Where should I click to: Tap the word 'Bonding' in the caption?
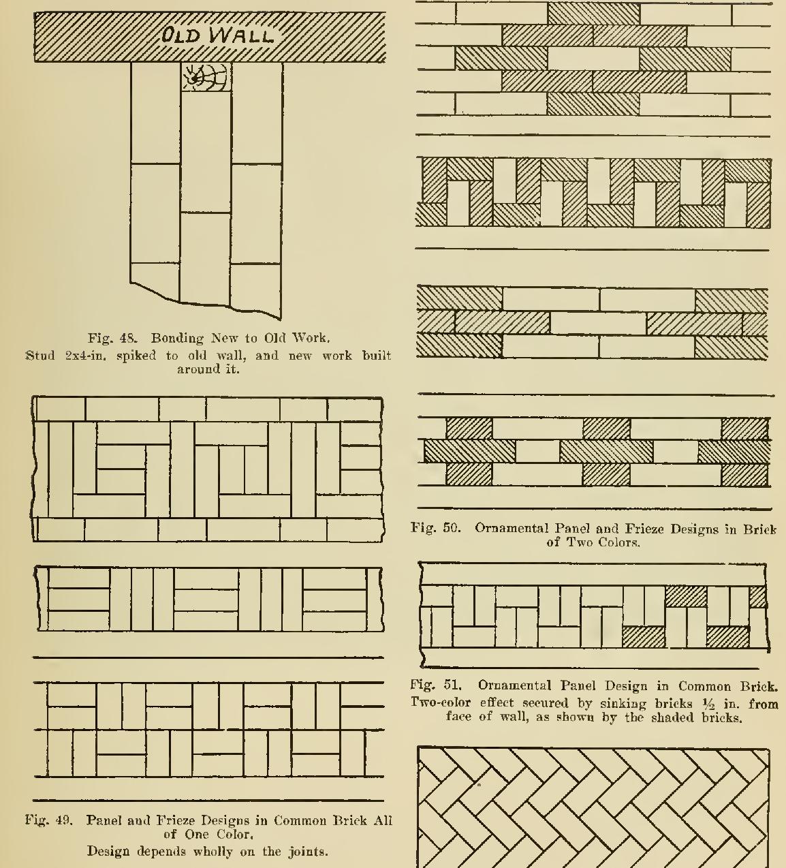point(177,338)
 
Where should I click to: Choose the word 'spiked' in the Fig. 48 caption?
point(136,355)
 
